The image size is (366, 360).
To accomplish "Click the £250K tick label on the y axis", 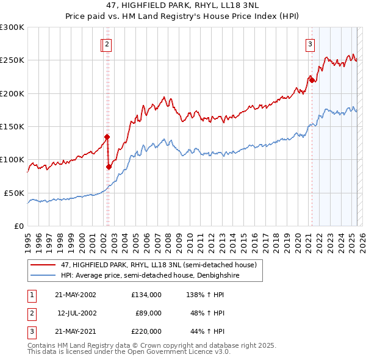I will pyautogui.click(x=12, y=60).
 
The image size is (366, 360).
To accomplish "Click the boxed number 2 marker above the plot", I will pyautogui.click(x=107, y=44).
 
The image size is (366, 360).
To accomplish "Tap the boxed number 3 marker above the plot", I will pyautogui.click(x=310, y=44).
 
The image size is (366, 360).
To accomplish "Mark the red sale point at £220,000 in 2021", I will pyautogui.click(x=312, y=80).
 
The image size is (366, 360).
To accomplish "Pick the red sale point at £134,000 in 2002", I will pyautogui.click(x=107, y=137).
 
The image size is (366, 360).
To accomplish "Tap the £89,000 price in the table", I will pyautogui.click(x=148, y=313).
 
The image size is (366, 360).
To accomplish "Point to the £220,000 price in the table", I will pyautogui.click(x=146, y=332).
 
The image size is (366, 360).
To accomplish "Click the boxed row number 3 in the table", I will pyautogui.click(x=32, y=332).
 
